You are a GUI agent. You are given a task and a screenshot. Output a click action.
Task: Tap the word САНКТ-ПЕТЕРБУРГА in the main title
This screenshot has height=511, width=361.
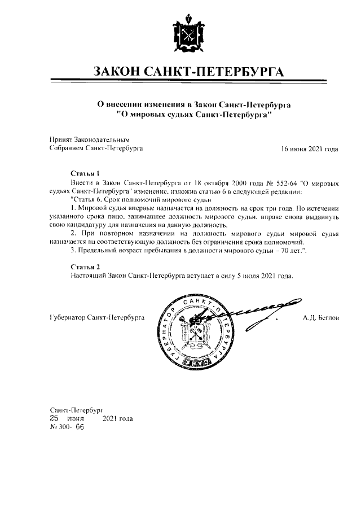(219, 72)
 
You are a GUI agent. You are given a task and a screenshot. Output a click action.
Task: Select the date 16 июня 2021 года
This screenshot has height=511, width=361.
(310, 149)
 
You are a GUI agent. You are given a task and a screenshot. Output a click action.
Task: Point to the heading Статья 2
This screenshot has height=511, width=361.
(85, 266)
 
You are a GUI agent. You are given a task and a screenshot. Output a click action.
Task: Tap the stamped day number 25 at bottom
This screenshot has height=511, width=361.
(55, 418)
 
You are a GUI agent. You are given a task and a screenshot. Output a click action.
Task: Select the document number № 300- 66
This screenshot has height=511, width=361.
(67, 427)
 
